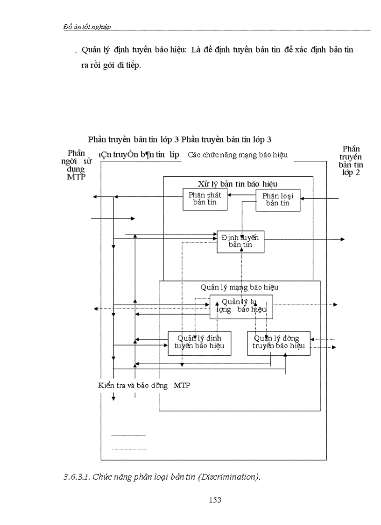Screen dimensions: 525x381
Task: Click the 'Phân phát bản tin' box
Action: pyautogui.click(x=205, y=199)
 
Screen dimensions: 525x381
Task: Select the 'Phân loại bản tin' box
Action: pyautogui.click(x=278, y=200)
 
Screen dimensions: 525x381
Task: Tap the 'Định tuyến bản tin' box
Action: pyautogui.click(x=240, y=241)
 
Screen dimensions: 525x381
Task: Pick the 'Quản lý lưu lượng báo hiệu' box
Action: pyautogui.click(x=241, y=306)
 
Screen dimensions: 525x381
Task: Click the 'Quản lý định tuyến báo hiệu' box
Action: pyautogui.click(x=199, y=342)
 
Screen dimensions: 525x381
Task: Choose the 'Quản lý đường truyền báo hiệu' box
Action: pyautogui.click(x=278, y=342)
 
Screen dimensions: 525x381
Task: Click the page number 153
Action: pyautogui.click(x=215, y=500)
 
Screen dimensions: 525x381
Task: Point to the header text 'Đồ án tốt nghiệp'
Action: pyautogui.click(x=87, y=27)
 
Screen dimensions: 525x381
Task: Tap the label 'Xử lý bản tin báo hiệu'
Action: pyautogui.click(x=237, y=184)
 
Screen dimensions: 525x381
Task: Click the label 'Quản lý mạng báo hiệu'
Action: pyautogui.click(x=240, y=287)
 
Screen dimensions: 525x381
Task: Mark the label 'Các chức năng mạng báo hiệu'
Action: pyautogui.click(x=238, y=155)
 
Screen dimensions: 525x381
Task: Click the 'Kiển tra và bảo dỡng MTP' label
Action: pyautogui.click(x=144, y=385)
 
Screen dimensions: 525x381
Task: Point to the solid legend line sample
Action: pyautogui.click(x=128, y=436)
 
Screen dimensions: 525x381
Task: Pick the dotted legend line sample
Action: pyautogui.click(x=128, y=450)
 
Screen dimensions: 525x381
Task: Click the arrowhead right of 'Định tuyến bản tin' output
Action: pyautogui.click(x=342, y=239)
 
